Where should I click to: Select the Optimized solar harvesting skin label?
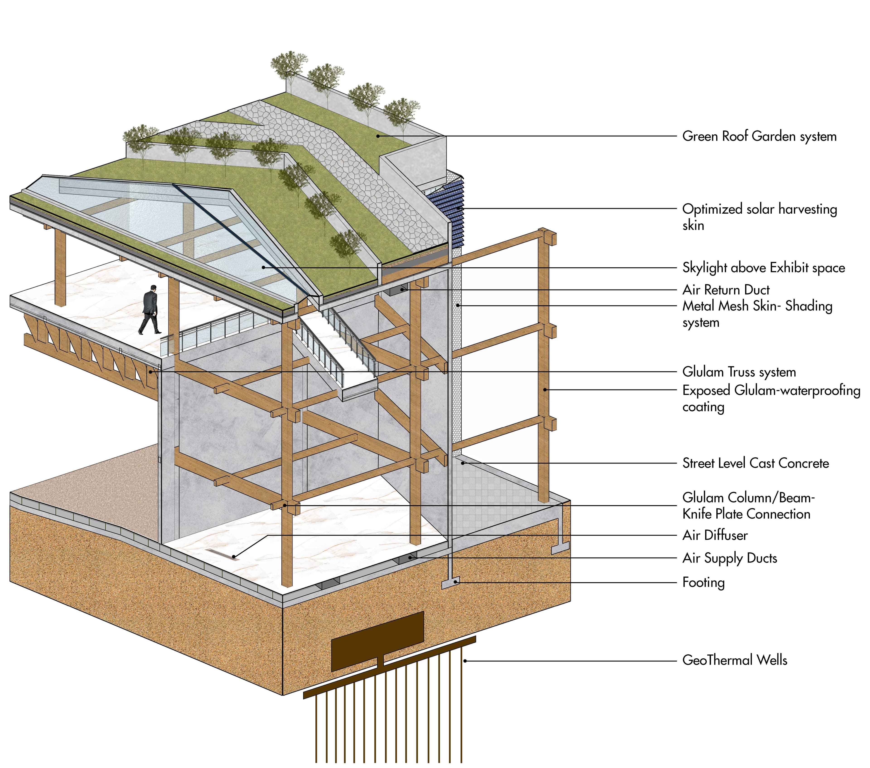(x=759, y=217)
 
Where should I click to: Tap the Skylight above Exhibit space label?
(x=763, y=268)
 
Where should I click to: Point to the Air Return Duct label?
(x=726, y=290)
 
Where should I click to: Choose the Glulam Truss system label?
(x=738, y=372)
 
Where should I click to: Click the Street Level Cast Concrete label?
(x=755, y=463)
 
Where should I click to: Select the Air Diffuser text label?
(x=715, y=535)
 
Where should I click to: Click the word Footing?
(x=703, y=582)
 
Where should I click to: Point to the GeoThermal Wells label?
(x=734, y=660)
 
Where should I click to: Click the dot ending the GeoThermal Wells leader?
(x=465, y=661)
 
